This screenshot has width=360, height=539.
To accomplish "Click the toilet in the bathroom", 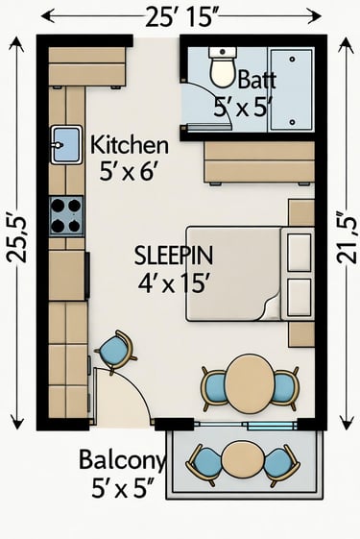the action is tap(223, 67).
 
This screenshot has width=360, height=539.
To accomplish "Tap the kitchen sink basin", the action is tap(66, 144).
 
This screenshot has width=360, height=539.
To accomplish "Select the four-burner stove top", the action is tap(66, 216).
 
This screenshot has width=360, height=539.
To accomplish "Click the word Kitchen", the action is tap(130, 145).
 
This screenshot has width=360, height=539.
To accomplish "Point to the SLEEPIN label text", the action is tap(174, 256).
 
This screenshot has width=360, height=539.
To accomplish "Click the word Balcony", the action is tap(122, 460).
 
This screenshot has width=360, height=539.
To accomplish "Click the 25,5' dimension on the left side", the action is tap(16, 239).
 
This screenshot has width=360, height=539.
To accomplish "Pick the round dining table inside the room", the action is tap(250, 383).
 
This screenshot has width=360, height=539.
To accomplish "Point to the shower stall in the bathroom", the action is tap(292, 90).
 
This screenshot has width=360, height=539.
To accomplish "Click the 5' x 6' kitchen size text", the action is tap(129, 171).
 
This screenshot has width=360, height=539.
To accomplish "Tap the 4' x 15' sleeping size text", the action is tap(174, 283).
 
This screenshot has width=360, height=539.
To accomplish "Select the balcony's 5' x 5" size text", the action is tap(122, 488).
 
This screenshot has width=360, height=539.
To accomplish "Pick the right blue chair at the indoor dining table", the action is tap(285, 388).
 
